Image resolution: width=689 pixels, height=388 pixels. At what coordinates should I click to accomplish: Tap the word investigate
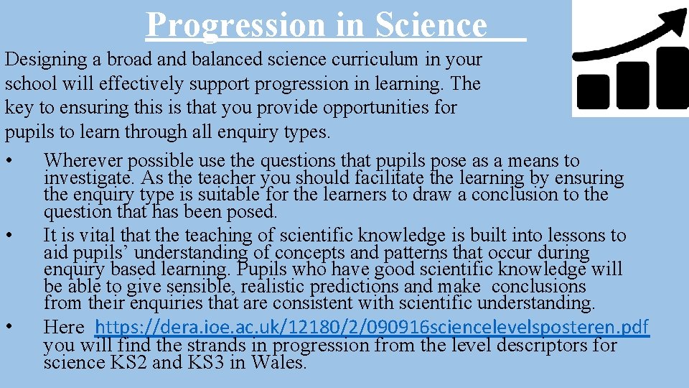point(88,177)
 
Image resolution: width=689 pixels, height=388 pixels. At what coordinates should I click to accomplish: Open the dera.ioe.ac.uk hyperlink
point(372,328)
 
